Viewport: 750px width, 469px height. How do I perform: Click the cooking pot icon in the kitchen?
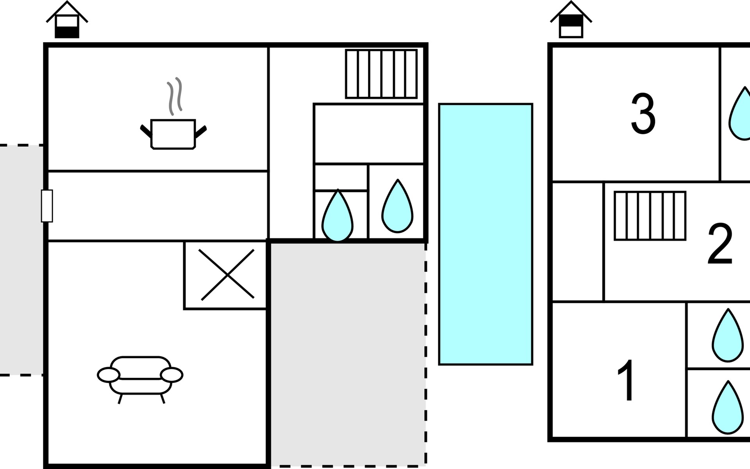(173, 134)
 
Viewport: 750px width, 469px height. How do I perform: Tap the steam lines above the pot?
(175, 96)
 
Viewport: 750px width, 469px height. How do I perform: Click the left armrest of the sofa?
(108, 375)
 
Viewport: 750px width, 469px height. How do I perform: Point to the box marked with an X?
(227, 275)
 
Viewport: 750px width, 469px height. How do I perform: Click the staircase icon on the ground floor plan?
(381, 74)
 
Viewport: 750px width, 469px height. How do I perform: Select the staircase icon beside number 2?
(650, 216)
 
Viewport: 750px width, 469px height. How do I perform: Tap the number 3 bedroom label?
(643, 114)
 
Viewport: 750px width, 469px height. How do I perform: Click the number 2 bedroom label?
(720, 244)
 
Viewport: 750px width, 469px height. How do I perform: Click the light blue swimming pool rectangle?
(486, 234)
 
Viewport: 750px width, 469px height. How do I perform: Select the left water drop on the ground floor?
(337, 217)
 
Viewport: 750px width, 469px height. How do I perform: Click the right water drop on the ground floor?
(397, 207)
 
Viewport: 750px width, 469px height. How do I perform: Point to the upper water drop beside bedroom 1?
(727, 337)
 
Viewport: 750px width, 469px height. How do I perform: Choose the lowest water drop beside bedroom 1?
(727, 408)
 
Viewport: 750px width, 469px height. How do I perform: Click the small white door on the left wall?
(47, 206)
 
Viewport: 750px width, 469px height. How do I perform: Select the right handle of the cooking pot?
(201, 132)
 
